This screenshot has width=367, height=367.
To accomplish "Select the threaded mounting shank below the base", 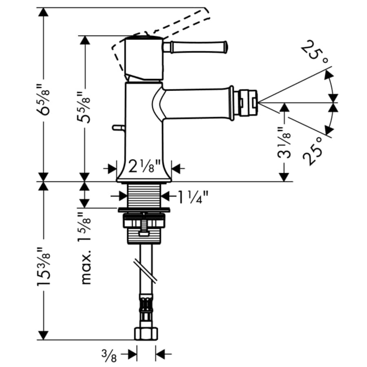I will point(145,195).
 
